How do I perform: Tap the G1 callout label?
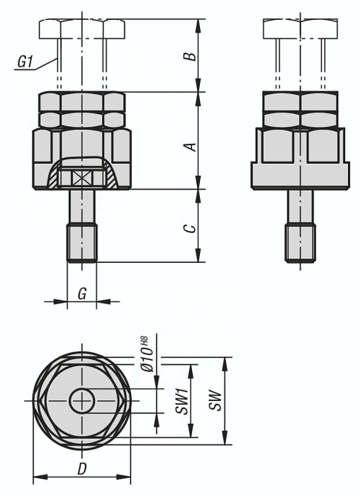click(25, 63)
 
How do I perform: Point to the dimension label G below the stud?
click(82, 292)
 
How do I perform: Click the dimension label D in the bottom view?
click(81, 468)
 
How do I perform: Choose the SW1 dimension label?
click(181, 400)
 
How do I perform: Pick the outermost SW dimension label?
click(216, 401)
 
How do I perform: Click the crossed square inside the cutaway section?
click(82, 178)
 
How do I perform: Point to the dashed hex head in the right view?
click(300, 28)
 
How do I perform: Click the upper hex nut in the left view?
click(82, 102)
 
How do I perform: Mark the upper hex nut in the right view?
click(300, 102)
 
